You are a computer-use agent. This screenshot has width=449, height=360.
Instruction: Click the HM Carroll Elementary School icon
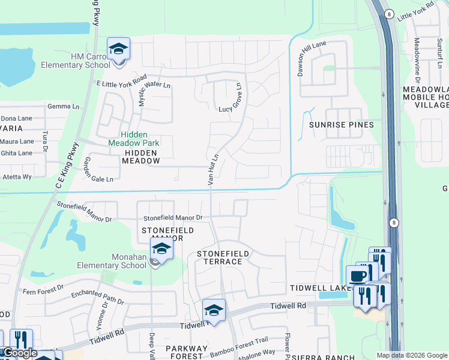pyautogui.click(x=118, y=49)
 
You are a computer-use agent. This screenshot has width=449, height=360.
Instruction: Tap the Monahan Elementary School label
pyautogui.click(x=121, y=261)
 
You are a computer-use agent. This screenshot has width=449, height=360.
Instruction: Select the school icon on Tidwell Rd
pyautogui.click(x=214, y=310)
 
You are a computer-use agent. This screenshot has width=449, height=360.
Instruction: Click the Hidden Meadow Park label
pyautogui.click(x=134, y=139)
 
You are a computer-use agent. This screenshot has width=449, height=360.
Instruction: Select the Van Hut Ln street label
pyautogui.click(x=211, y=168)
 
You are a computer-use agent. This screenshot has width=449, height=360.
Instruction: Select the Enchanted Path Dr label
pyautogui.click(x=97, y=295)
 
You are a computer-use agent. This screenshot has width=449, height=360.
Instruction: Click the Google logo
pyautogui.click(x=19, y=353)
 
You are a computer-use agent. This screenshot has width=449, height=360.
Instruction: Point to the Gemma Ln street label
pyautogui.click(x=67, y=107)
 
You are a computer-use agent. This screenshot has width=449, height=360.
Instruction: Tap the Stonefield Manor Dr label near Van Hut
pyautogui.click(x=173, y=218)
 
